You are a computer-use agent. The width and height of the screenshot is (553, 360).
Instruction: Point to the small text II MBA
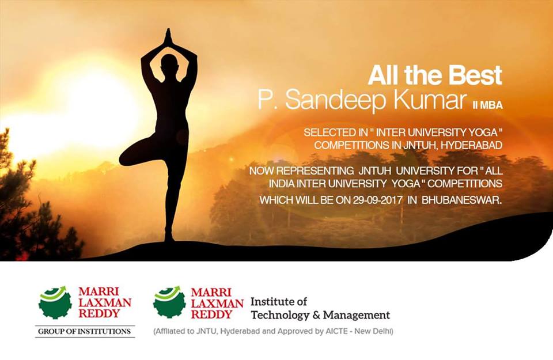[x=487, y=105]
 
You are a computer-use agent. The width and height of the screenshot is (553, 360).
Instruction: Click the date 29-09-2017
[x=377, y=200]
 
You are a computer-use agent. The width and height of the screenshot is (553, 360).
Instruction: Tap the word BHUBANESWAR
[x=461, y=200]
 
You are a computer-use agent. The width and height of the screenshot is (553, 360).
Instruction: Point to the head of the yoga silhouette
[x=169, y=63]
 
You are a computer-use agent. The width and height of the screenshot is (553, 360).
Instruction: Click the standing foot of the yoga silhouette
[x=169, y=237]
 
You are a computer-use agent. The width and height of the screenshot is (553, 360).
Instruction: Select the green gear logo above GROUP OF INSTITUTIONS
[x=55, y=302]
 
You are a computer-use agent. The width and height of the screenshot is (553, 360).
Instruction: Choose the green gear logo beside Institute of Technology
[x=169, y=302]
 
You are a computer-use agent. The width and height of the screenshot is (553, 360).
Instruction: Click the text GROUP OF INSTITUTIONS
[x=84, y=331]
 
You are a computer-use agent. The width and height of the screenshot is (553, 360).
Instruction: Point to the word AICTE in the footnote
[x=338, y=331]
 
